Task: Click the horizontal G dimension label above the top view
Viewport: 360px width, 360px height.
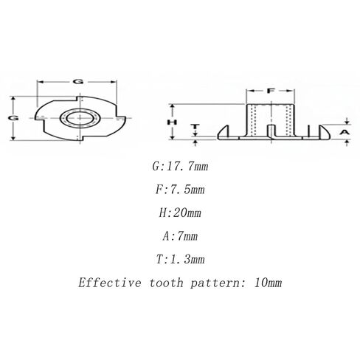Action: pyautogui.click(x=78, y=82)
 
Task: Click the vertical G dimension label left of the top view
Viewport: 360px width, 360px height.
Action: pyautogui.click(x=13, y=118)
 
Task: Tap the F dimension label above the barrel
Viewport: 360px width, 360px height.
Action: pyautogui.click(x=271, y=91)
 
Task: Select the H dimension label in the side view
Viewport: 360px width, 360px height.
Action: pyautogui.click(x=172, y=122)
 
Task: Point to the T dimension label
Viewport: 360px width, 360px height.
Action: pyautogui.click(x=195, y=127)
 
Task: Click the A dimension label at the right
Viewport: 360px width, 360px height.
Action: pyautogui.click(x=345, y=132)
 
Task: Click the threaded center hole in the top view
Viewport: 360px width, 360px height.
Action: pyautogui.click(x=80, y=119)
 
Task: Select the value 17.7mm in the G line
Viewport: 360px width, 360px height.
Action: pyautogui.click(x=187, y=167)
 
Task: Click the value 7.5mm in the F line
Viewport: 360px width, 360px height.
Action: pyautogui.click(x=184, y=190)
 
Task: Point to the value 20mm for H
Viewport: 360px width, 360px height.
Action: pyautogui.click(x=187, y=212)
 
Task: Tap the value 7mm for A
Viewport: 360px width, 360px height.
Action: pyautogui.click(x=187, y=236)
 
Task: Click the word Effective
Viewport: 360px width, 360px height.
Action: pyautogui.click(x=110, y=283)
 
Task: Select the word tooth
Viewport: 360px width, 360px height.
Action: pyautogui.click(x=167, y=283)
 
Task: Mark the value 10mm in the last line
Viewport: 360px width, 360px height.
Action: pyautogui.click(x=268, y=283)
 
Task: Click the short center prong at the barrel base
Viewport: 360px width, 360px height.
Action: pyautogui.click(x=271, y=131)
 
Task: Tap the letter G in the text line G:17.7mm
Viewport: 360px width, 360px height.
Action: pyautogui.click(x=156, y=167)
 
